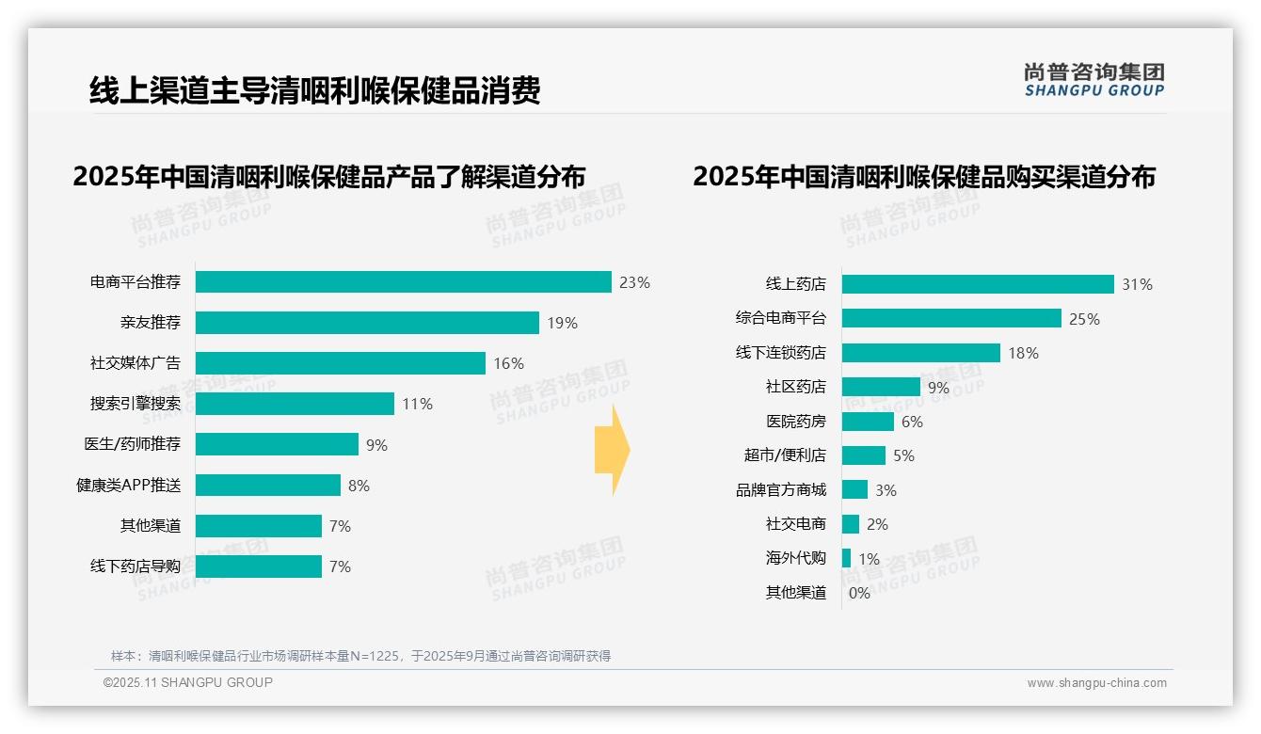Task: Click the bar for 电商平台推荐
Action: click(404, 282)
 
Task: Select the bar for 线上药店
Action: click(978, 284)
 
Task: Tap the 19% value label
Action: click(562, 323)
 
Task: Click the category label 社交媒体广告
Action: click(136, 363)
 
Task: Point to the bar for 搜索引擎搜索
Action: click(295, 404)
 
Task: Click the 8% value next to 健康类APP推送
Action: click(359, 486)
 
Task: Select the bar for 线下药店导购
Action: click(259, 566)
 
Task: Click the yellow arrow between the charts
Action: click(612, 450)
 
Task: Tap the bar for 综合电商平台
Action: click(951, 318)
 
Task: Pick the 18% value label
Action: click(1023, 353)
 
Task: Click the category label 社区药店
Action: click(796, 387)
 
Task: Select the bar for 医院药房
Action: click(868, 422)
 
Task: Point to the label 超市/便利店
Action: click(785, 455)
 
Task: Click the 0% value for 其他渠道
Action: click(859, 593)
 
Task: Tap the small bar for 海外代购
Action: click(846, 558)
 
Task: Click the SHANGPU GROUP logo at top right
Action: click(1093, 80)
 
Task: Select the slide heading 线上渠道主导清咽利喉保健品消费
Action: click(314, 91)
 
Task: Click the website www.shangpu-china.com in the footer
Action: click(1096, 683)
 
